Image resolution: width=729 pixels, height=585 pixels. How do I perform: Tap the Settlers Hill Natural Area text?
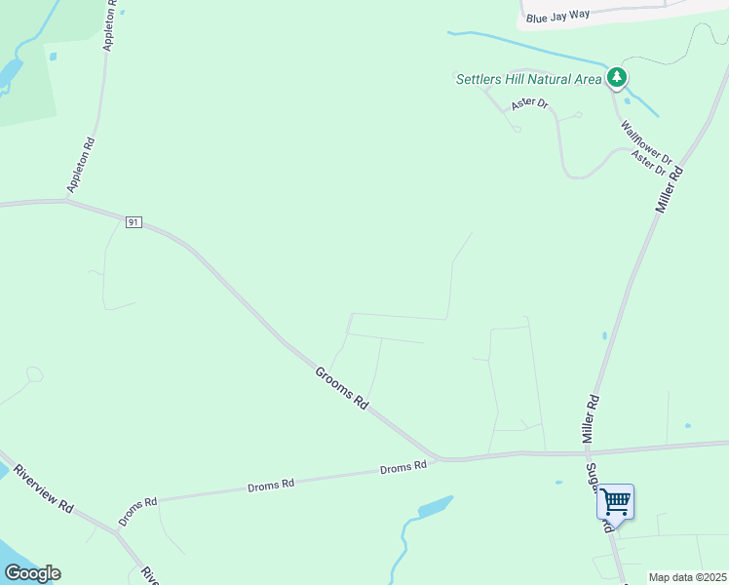[528, 79]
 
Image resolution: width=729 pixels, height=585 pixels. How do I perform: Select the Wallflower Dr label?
[646, 141]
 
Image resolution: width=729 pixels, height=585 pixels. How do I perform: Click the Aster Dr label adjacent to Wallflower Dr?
[647, 163]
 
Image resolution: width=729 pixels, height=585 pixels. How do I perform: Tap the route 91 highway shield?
[134, 222]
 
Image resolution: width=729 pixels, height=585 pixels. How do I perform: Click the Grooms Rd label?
[341, 387]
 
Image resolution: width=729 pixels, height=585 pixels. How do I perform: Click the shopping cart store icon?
[615, 501]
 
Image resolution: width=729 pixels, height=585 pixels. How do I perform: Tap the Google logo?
[32, 573]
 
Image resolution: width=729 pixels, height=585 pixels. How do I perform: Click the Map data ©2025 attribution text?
[687, 577]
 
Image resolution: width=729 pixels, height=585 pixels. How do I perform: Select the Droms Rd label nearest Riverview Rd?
[137, 512]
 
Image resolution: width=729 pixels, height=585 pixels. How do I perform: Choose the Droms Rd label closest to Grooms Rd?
[403, 467]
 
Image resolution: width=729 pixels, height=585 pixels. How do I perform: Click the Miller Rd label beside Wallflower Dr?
[669, 189]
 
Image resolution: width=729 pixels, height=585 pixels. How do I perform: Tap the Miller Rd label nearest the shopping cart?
[590, 419]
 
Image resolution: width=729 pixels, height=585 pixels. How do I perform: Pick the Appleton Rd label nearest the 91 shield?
[81, 164]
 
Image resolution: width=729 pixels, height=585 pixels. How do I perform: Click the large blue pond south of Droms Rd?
[434, 508]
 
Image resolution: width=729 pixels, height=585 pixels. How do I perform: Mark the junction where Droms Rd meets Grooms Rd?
[443, 458]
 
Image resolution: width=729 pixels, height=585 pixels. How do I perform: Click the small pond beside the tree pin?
[627, 100]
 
